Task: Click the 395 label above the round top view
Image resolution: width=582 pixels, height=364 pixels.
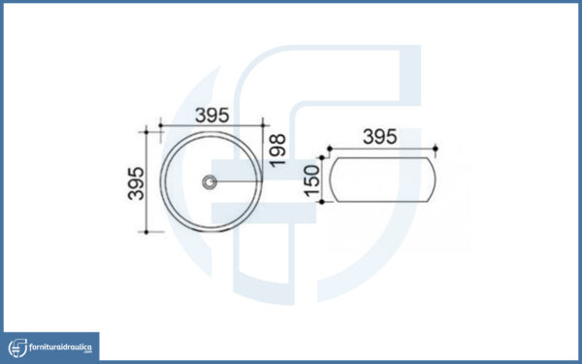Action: (x=212, y=116)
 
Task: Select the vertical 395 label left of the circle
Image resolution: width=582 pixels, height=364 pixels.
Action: (x=136, y=183)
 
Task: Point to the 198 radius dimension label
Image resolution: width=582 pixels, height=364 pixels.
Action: (x=277, y=150)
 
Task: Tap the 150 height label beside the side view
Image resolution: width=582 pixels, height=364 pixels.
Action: (x=311, y=181)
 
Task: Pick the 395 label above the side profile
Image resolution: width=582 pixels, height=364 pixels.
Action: (x=380, y=137)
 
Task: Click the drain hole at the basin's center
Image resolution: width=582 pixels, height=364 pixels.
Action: (x=210, y=182)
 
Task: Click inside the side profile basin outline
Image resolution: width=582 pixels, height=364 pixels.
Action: (x=382, y=180)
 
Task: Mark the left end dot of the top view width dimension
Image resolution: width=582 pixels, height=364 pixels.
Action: (x=161, y=125)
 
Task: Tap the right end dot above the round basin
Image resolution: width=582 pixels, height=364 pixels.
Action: (x=263, y=125)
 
